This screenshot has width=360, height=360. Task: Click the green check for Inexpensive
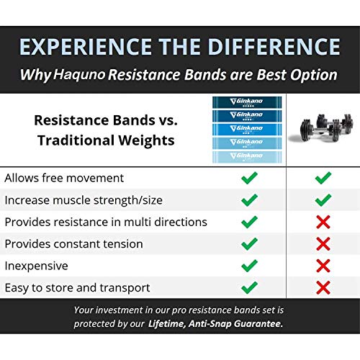click(249, 266)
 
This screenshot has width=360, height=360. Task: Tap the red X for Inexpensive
click(323, 266)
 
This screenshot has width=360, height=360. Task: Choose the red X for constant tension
click(323, 244)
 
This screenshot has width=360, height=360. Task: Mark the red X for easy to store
click(323, 288)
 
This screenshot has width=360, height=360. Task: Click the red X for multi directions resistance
click(323, 222)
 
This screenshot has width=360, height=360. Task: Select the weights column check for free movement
click(323, 177)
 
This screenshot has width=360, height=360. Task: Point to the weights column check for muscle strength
click(323, 199)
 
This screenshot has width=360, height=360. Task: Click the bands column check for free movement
click(249, 177)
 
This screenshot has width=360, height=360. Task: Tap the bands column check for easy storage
click(249, 288)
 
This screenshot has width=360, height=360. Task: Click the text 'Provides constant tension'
click(75, 244)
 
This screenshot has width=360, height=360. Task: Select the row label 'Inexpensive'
click(37, 266)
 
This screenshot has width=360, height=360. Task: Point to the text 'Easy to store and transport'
click(78, 288)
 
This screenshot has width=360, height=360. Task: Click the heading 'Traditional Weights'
click(105, 140)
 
